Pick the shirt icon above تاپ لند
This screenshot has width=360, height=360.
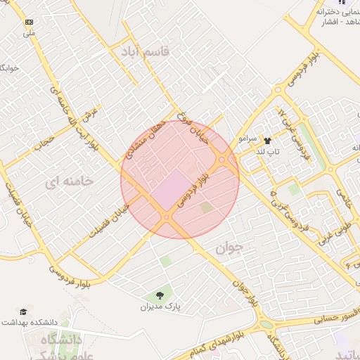coord(267,141)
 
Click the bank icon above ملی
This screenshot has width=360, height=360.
coord(29,22)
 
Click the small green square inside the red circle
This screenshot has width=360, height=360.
coord(205,207)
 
